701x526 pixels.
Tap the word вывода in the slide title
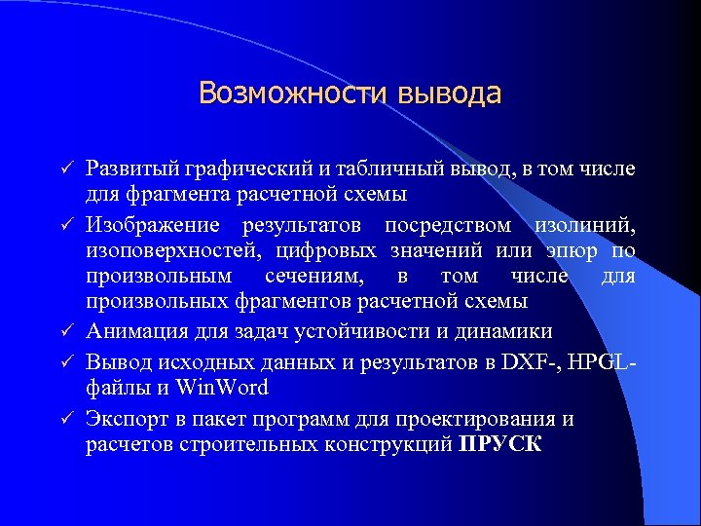point(449,94)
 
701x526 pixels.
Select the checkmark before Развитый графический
point(67,169)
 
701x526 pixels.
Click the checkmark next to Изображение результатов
point(67,226)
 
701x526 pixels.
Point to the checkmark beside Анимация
point(67,332)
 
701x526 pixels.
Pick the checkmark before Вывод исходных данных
point(67,360)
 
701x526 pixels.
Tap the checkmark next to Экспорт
point(67,419)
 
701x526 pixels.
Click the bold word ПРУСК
point(500,446)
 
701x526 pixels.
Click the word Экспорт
point(124,419)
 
